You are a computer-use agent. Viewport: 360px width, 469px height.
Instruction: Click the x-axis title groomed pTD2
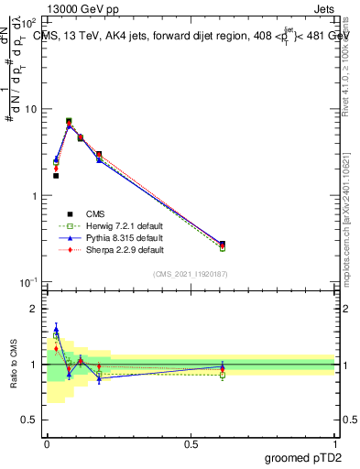[301, 458]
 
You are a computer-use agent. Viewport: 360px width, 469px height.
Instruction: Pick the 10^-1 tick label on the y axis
[29, 282]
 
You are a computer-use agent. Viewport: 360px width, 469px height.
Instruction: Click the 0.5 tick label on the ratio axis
[31, 420]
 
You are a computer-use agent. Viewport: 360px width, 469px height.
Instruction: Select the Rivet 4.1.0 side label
[351, 64]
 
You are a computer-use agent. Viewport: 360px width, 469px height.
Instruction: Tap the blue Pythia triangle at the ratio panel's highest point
[56, 329]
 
